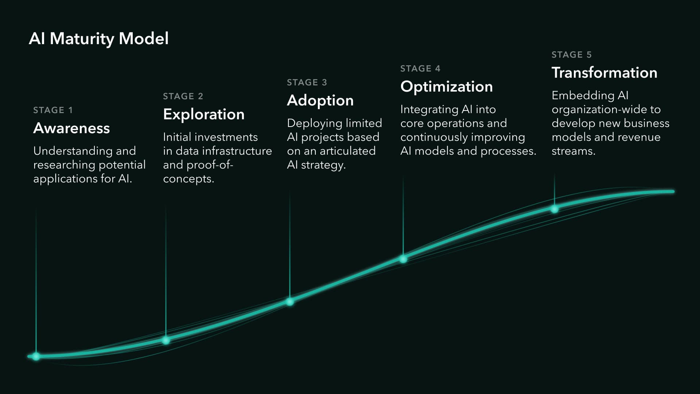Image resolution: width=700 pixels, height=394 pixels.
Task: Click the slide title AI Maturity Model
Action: pyautogui.click(x=99, y=39)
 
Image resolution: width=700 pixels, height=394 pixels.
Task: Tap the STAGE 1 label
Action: pyautogui.click(x=53, y=110)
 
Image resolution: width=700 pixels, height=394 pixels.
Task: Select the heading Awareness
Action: pyautogui.click(x=71, y=128)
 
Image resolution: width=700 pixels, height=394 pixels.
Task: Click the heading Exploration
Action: pyautogui.click(x=204, y=115)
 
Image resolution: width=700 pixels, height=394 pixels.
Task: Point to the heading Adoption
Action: pyautogui.click(x=320, y=101)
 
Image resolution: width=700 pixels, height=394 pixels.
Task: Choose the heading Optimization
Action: pyautogui.click(x=447, y=87)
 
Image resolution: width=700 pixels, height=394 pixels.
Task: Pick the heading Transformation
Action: pyautogui.click(x=604, y=73)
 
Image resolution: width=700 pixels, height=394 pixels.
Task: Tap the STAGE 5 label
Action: pyautogui.click(x=571, y=55)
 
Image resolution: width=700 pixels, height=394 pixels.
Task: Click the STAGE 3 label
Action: pyautogui.click(x=307, y=82)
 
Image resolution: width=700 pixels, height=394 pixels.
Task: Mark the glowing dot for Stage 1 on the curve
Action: pyautogui.click(x=36, y=356)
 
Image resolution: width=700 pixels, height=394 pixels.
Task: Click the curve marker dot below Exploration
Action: pyautogui.click(x=166, y=340)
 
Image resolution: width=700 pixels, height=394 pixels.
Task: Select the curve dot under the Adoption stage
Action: pyautogui.click(x=290, y=302)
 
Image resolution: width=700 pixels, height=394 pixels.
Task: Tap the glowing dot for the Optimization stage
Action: pyautogui.click(x=403, y=259)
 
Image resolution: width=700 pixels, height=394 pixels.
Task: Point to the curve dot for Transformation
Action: pyautogui.click(x=555, y=209)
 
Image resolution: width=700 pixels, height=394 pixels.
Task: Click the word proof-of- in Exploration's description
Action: pyautogui.click(x=210, y=165)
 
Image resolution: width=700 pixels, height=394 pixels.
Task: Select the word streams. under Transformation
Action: pyautogui.click(x=573, y=151)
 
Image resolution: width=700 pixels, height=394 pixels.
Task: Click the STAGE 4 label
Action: pyautogui.click(x=420, y=69)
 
